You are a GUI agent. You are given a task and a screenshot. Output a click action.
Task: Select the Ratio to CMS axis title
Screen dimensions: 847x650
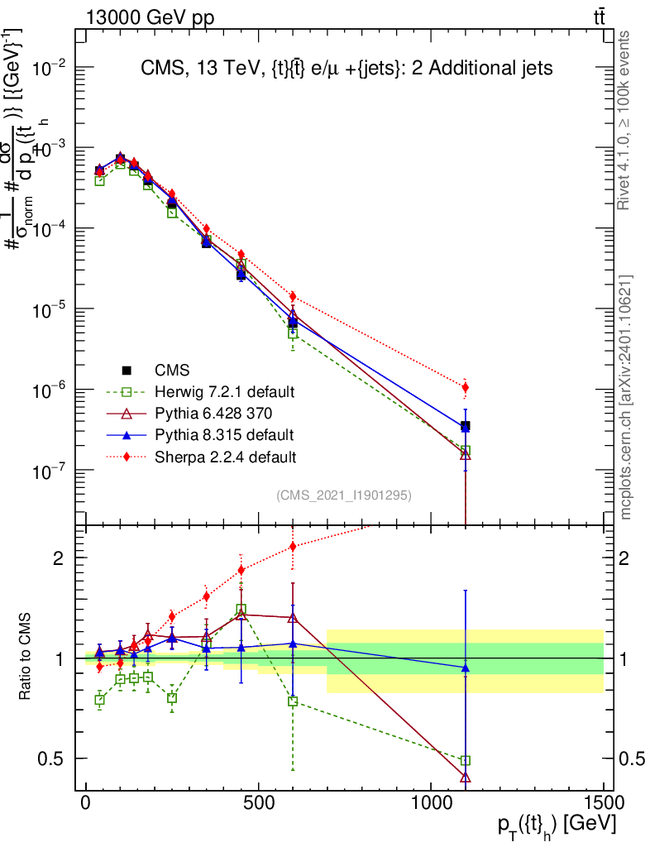tap(27, 658)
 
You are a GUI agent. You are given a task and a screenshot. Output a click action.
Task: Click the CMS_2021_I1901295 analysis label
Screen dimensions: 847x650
tap(344, 495)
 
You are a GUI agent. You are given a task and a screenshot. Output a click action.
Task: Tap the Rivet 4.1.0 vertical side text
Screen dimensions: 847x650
tap(625, 120)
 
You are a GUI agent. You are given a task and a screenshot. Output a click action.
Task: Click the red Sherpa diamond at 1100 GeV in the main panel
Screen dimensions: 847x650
tap(466, 387)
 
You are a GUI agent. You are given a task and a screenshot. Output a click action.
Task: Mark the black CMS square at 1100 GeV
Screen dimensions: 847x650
tap(466, 426)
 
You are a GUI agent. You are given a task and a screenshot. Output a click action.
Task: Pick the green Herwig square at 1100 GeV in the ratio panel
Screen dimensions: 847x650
tap(466, 760)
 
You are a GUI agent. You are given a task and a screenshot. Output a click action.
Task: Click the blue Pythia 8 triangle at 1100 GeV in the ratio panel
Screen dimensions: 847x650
tap(466, 667)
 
